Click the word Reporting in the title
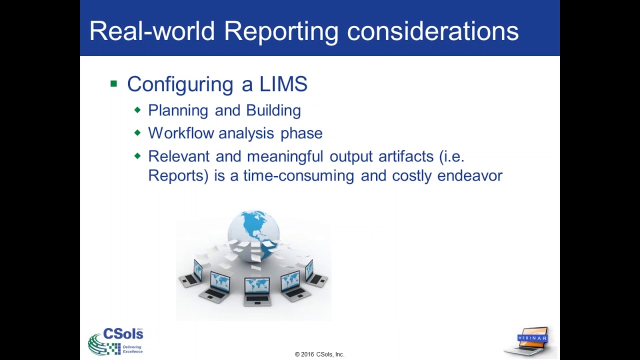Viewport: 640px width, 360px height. [x=281, y=31]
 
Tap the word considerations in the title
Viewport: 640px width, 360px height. [x=433, y=31]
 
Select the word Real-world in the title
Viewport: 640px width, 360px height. [x=152, y=31]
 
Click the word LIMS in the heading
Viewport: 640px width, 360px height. [x=283, y=84]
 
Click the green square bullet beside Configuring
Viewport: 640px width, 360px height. [x=113, y=83]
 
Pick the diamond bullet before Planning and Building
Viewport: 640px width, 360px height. [x=137, y=110]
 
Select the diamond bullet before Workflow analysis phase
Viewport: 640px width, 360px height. [x=137, y=133]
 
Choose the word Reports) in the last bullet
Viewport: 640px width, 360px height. [x=178, y=176]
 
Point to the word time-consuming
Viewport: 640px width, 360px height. [x=298, y=176]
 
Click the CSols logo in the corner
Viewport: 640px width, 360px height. [x=116, y=340]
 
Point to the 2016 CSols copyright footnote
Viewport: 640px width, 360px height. [x=319, y=354]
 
